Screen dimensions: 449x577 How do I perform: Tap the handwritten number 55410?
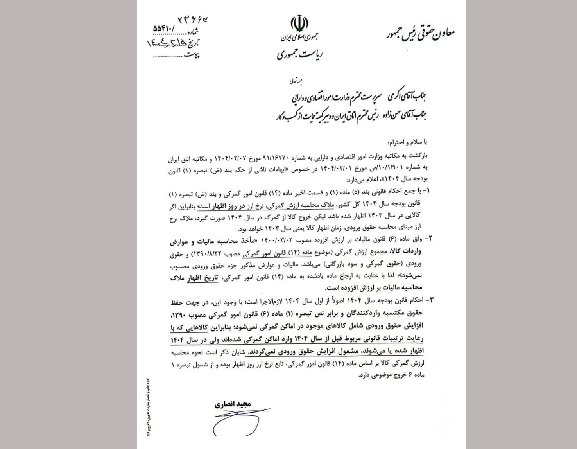click(x=165, y=29)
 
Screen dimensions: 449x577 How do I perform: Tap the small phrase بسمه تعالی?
click(x=296, y=82)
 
